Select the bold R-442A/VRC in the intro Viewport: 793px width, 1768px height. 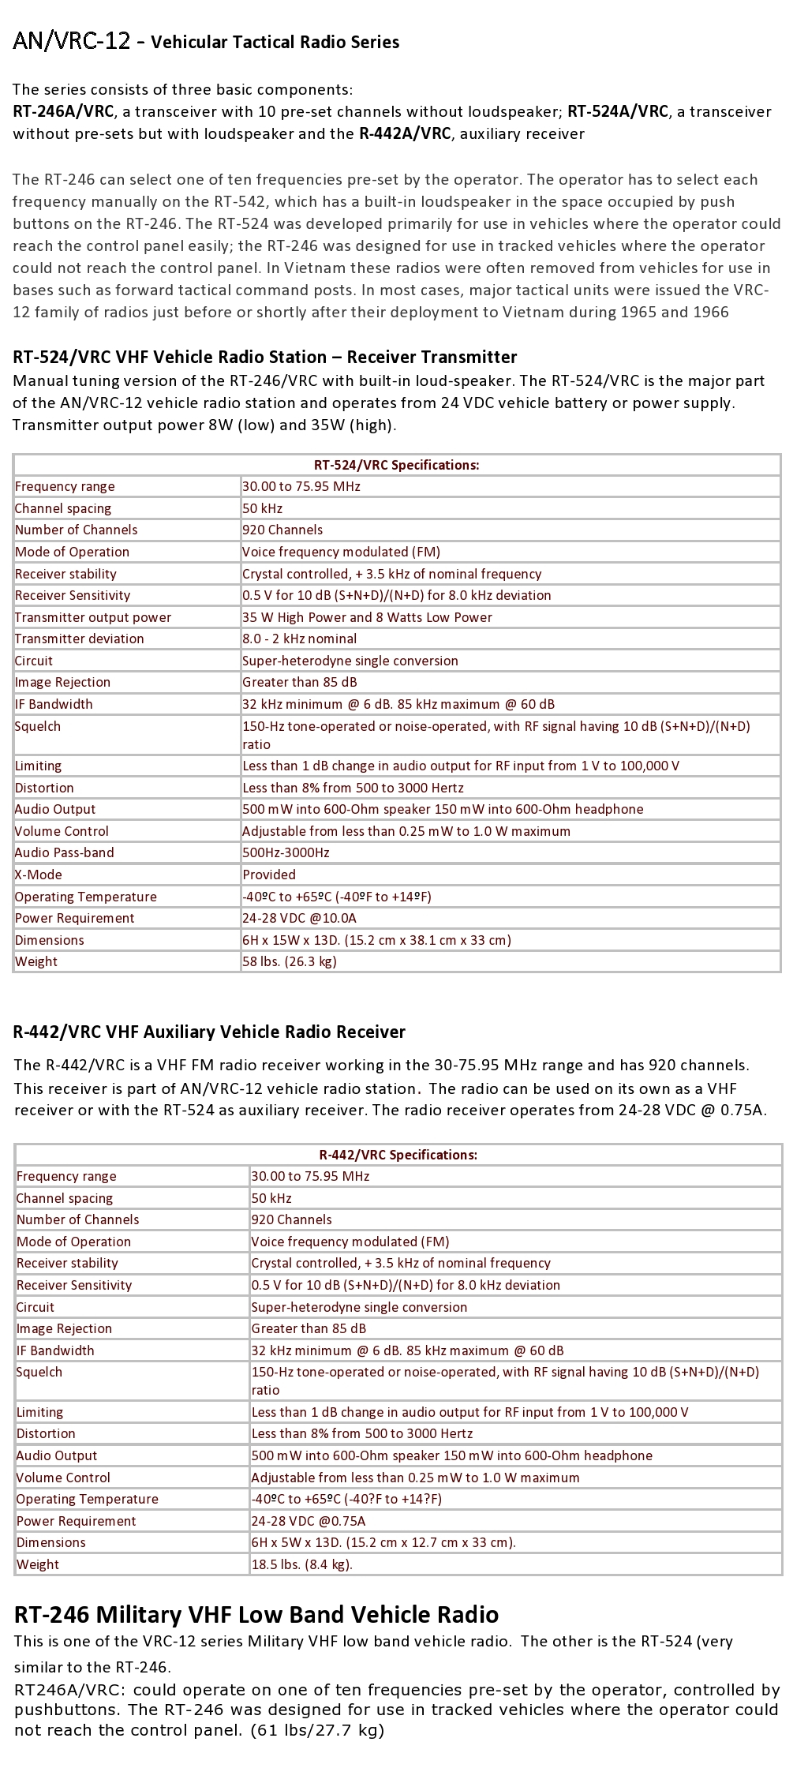click(x=405, y=133)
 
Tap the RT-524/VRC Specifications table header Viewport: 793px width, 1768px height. click(x=396, y=465)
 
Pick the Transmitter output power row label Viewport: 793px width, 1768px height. click(x=93, y=617)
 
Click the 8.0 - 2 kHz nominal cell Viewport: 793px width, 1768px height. click(x=299, y=639)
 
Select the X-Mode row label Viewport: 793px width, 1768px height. click(x=38, y=875)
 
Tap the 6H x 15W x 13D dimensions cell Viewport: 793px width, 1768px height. click(x=376, y=940)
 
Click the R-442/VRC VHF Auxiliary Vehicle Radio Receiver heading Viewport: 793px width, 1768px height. click(x=209, y=1032)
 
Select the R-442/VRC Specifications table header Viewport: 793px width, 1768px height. click(x=398, y=1155)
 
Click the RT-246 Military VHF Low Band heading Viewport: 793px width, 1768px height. click(x=256, y=1615)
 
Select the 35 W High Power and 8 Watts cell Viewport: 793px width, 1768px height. click(x=367, y=617)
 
